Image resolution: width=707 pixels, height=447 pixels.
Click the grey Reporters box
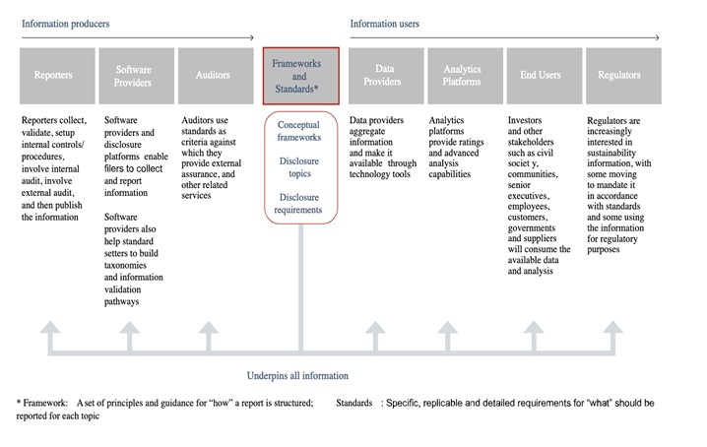[x=57, y=76]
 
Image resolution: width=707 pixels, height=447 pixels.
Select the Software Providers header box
[x=137, y=76]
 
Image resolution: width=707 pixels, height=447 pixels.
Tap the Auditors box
[x=216, y=76]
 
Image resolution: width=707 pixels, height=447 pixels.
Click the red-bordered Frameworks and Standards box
[x=300, y=76]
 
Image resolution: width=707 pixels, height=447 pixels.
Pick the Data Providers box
[x=386, y=76]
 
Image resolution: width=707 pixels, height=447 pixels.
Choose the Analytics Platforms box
[x=466, y=76]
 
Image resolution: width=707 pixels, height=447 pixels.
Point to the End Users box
[x=545, y=76]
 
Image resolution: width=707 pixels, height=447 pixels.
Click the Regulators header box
[x=623, y=76]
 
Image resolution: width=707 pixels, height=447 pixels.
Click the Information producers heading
[x=65, y=24]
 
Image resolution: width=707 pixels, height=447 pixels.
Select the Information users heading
[x=385, y=24]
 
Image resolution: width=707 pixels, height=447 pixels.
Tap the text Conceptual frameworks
[x=299, y=131]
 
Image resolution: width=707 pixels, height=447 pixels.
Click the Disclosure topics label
[x=299, y=167]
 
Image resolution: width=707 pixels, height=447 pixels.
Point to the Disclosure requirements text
[x=298, y=204]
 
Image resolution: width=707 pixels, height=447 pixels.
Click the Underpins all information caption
[x=297, y=376]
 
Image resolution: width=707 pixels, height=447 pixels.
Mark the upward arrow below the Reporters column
[x=50, y=336]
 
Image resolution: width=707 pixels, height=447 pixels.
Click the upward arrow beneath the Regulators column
[x=613, y=336]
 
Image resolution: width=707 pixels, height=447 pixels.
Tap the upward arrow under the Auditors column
[x=209, y=336]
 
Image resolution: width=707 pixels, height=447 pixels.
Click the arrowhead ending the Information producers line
[x=252, y=37]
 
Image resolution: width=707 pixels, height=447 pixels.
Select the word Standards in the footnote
[x=353, y=403]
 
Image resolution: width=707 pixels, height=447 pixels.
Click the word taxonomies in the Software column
[x=125, y=265]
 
